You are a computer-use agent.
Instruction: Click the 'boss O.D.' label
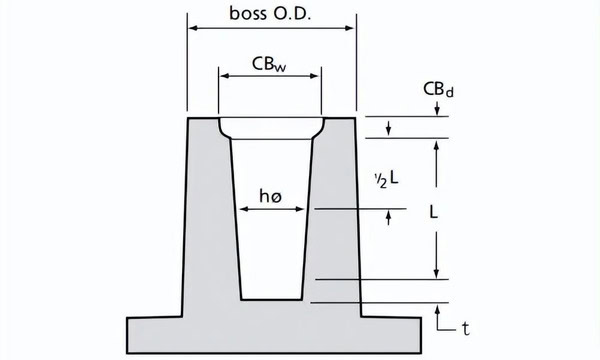pos(270,13)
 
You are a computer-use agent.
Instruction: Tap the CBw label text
pos(269,64)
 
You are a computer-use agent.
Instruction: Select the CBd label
pos(439,90)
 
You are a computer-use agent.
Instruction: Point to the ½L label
pos(386,179)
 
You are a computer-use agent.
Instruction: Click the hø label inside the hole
pos(271,196)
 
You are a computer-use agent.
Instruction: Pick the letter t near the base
pos(465,329)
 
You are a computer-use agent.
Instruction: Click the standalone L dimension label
pos(433,212)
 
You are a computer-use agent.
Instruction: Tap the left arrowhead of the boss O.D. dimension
pos(194,28)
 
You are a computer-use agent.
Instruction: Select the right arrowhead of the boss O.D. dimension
pos(349,28)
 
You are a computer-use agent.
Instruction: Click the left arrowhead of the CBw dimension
pos(225,76)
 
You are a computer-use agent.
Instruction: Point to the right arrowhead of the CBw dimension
pos(314,76)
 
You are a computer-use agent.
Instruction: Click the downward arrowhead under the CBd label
pos(437,111)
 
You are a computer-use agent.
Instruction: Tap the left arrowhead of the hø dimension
pos(244,209)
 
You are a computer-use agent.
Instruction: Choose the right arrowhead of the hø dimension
pos(300,209)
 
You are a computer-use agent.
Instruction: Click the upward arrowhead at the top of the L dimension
pos(436,145)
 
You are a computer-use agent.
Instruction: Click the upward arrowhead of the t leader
pos(437,310)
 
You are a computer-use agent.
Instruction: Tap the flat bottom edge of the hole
pos(272,300)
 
